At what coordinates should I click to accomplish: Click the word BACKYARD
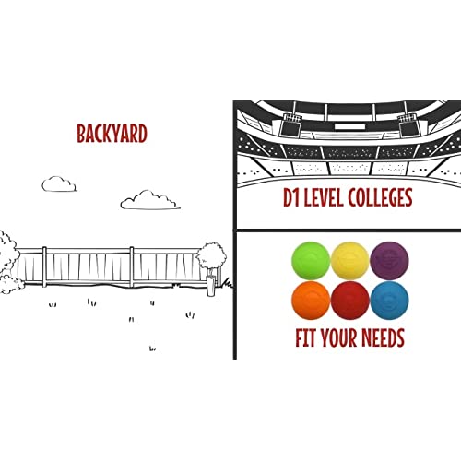coord(112,134)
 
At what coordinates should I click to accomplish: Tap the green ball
coord(311,261)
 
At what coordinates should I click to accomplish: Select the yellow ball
coord(349,261)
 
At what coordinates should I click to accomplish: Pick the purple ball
coord(389,261)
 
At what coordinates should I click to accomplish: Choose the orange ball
coord(311,301)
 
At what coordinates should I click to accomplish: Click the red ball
coord(349,301)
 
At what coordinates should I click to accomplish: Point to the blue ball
coord(389,301)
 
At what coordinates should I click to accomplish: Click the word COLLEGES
coord(381,197)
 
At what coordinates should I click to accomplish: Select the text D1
coord(291,197)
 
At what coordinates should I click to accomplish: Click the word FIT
coord(305,337)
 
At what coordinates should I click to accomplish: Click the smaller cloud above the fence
coord(59,184)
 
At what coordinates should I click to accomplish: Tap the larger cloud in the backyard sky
coord(150,200)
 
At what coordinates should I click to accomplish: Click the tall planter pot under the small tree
coord(211,286)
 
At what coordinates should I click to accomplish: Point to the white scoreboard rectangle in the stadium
coord(349,126)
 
